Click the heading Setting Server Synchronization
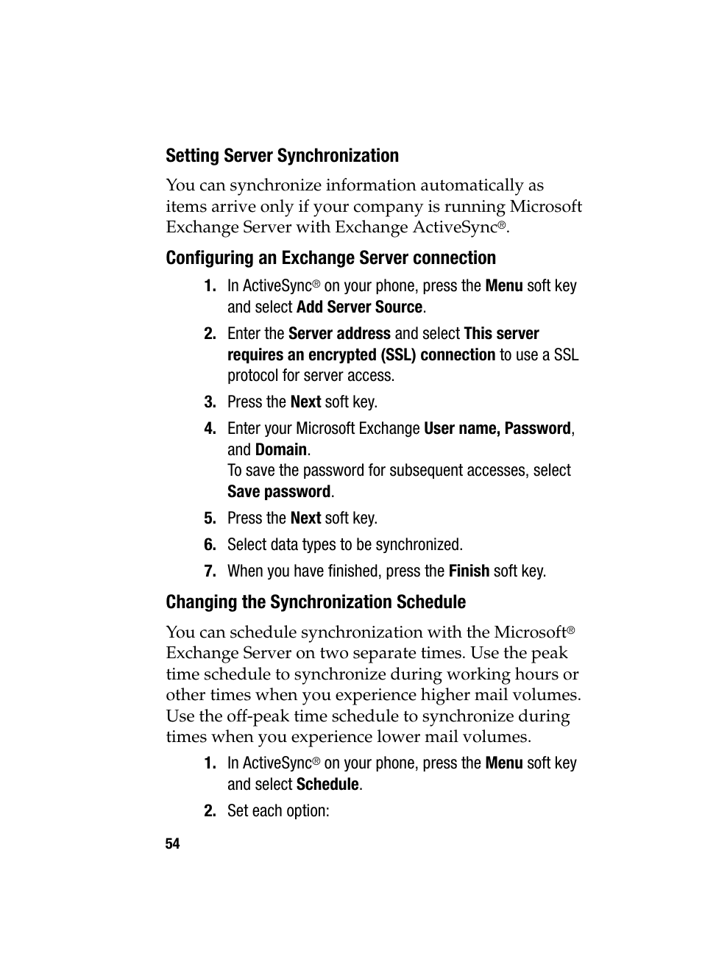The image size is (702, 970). click(282, 156)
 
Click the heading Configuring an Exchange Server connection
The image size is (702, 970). click(330, 258)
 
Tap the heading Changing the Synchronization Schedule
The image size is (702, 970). click(315, 602)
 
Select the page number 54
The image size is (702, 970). click(172, 844)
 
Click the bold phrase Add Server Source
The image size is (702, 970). click(359, 307)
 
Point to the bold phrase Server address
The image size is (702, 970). click(339, 334)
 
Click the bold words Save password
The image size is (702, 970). click(278, 492)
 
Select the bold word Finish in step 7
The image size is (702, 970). click(469, 571)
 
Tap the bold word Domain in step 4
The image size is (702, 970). click(280, 450)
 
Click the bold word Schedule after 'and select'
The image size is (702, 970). click(327, 785)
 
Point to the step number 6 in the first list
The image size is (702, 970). click(210, 545)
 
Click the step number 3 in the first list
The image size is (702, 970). click(210, 402)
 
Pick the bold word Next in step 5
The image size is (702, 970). click(305, 518)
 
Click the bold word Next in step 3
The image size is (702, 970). click(305, 402)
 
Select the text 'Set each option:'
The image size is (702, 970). click(277, 811)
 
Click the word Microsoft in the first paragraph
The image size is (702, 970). click(546, 207)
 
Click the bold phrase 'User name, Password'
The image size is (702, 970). click(497, 429)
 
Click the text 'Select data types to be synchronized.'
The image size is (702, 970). click(344, 545)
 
